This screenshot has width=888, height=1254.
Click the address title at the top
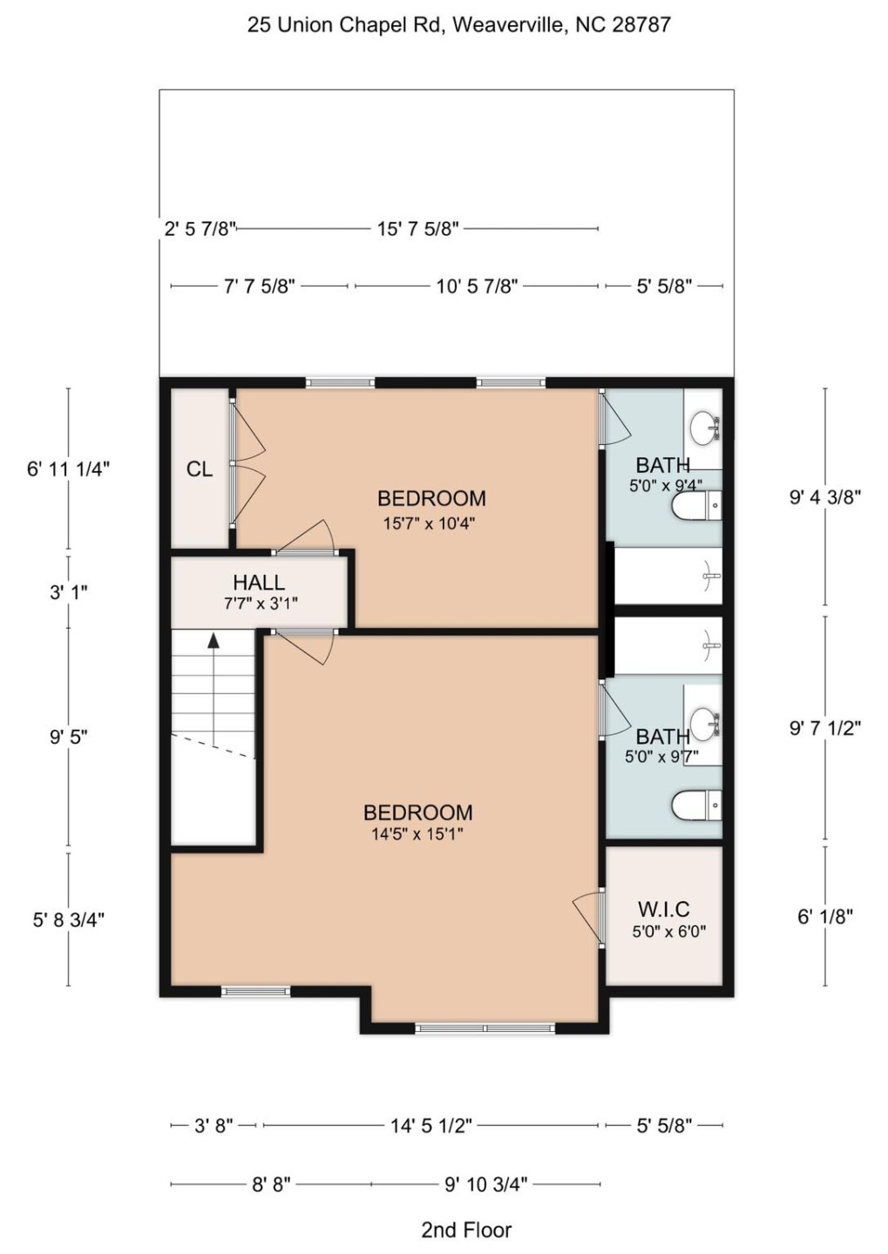click(x=458, y=24)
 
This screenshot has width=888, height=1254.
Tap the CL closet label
click(x=199, y=469)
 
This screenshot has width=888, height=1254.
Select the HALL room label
click(x=258, y=583)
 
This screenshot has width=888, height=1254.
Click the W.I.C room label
click(x=663, y=909)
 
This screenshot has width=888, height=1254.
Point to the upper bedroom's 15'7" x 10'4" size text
click(x=429, y=523)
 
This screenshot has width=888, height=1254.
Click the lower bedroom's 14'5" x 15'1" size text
click(x=417, y=834)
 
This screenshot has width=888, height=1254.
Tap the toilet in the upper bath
click(x=696, y=505)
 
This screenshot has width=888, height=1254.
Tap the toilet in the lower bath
click(x=696, y=806)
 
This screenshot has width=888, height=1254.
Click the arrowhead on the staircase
click(x=213, y=641)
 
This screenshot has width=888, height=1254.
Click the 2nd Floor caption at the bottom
click(x=466, y=1230)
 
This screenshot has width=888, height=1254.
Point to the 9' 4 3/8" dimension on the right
click(x=824, y=497)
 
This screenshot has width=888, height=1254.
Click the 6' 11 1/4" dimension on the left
click(x=68, y=469)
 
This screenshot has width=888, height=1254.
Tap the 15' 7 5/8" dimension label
click(x=417, y=229)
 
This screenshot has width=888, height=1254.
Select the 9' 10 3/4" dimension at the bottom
click(x=485, y=1184)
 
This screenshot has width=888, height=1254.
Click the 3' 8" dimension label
click(x=213, y=1126)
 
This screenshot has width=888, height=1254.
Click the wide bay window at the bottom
click(x=485, y=1028)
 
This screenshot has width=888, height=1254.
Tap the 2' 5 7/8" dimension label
click(x=200, y=229)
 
